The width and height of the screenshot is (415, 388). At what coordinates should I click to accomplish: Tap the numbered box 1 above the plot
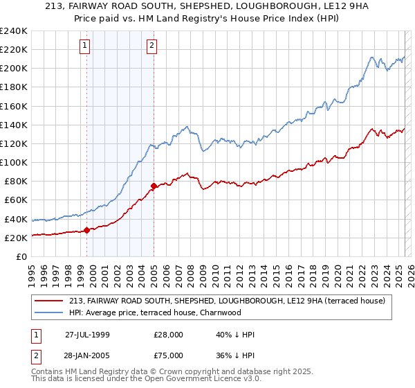pyautogui.click(x=84, y=46)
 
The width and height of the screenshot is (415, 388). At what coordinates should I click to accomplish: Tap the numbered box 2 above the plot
pyautogui.click(x=151, y=46)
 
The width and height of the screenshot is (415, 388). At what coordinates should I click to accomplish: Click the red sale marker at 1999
pyautogui.click(x=87, y=230)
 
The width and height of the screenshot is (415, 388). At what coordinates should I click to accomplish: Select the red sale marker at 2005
pyautogui.click(x=154, y=186)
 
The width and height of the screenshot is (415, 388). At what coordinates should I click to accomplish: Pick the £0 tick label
pyautogui.click(x=21, y=256)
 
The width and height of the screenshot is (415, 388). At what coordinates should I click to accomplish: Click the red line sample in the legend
pyautogui.click(x=48, y=301)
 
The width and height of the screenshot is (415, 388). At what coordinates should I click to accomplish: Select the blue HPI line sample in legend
pyautogui.click(x=48, y=312)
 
